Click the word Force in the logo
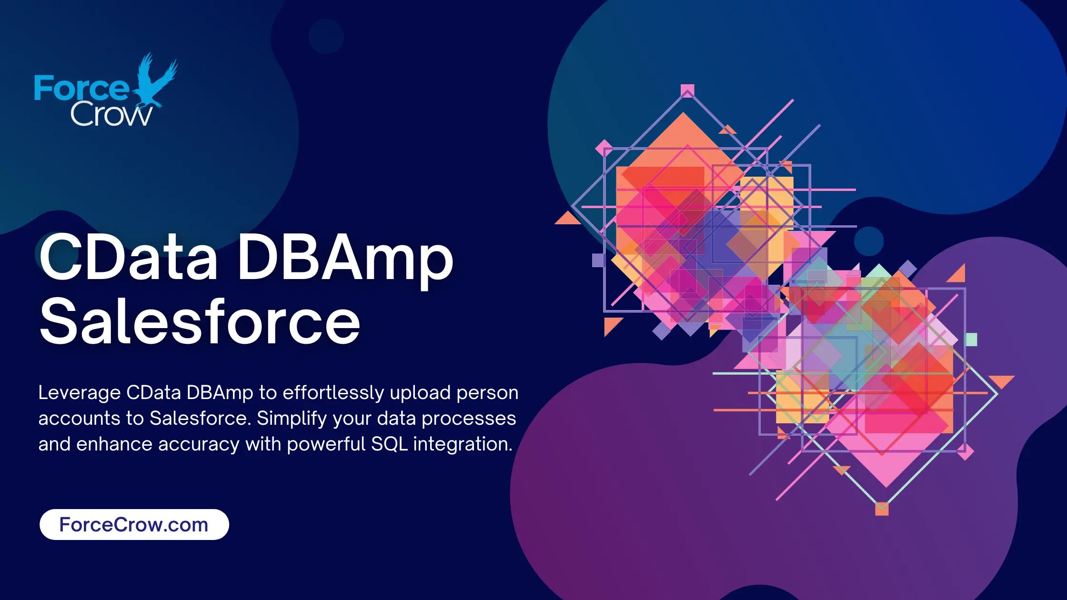point(81,89)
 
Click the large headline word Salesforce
point(200,322)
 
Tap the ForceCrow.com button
point(134,524)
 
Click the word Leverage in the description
point(80,393)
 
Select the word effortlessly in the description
point(333,393)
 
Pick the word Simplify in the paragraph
point(292,419)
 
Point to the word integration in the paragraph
point(463,444)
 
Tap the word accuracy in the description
point(199,444)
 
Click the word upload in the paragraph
point(420,393)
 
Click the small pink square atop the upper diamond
point(687,90)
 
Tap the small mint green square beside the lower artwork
point(971,340)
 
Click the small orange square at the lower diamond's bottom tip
point(882,509)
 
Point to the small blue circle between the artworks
point(869,241)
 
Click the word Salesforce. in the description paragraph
point(200,419)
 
